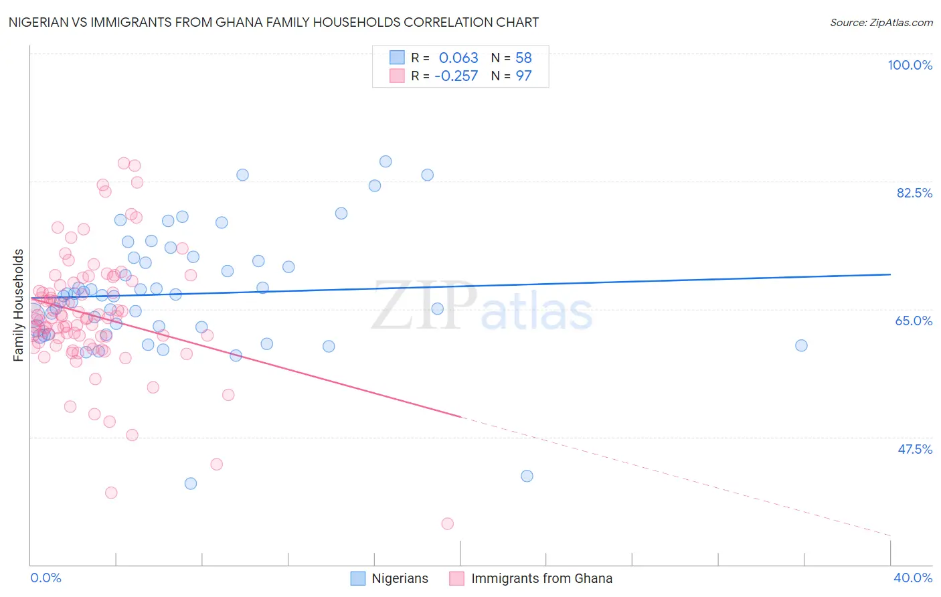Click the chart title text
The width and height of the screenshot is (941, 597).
tap(274, 22)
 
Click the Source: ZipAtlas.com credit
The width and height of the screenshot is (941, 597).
tap(881, 22)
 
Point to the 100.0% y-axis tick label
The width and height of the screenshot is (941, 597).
tap(910, 65)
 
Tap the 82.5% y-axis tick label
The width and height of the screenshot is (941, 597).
tap(914, 193)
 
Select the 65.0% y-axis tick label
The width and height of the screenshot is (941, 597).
tap(914, 321)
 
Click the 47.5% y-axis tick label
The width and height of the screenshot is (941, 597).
tap(914, 448)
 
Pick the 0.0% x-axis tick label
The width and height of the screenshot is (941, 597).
tap(46, 578)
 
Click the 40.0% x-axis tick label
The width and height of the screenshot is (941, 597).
tap(912, 578)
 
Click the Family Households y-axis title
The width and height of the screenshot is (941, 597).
tap(18, 305)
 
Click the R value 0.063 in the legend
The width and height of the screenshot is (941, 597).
tap(458, 58)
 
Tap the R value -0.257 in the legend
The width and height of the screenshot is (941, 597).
tap(456, 76)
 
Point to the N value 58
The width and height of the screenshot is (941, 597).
tap(523, 58)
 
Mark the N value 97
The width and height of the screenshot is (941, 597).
tap(523, 76)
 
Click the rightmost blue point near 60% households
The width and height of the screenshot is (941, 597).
tap(801, 345)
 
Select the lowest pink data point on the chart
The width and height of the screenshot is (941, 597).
tap(448, 523)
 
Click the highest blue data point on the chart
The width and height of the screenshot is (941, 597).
tap(386, 161)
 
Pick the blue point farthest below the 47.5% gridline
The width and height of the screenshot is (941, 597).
tap(191, 483)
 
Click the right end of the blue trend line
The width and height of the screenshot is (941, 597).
tap(890, 274)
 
